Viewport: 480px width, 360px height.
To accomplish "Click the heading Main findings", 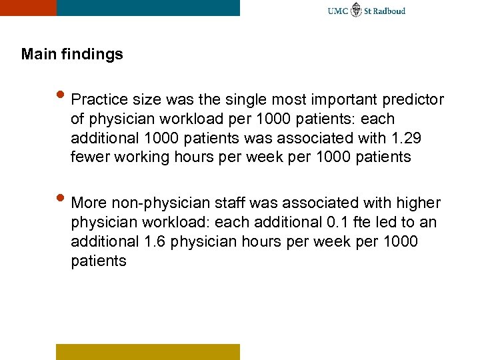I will tap(72, 54).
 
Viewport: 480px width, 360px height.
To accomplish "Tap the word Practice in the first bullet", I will tap(95, 100).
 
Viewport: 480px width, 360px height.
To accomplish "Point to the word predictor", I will tap(413, 100).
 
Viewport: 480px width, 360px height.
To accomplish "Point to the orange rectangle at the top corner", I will tap(28, 7).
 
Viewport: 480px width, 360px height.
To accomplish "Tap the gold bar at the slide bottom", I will tap(147, 351).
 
